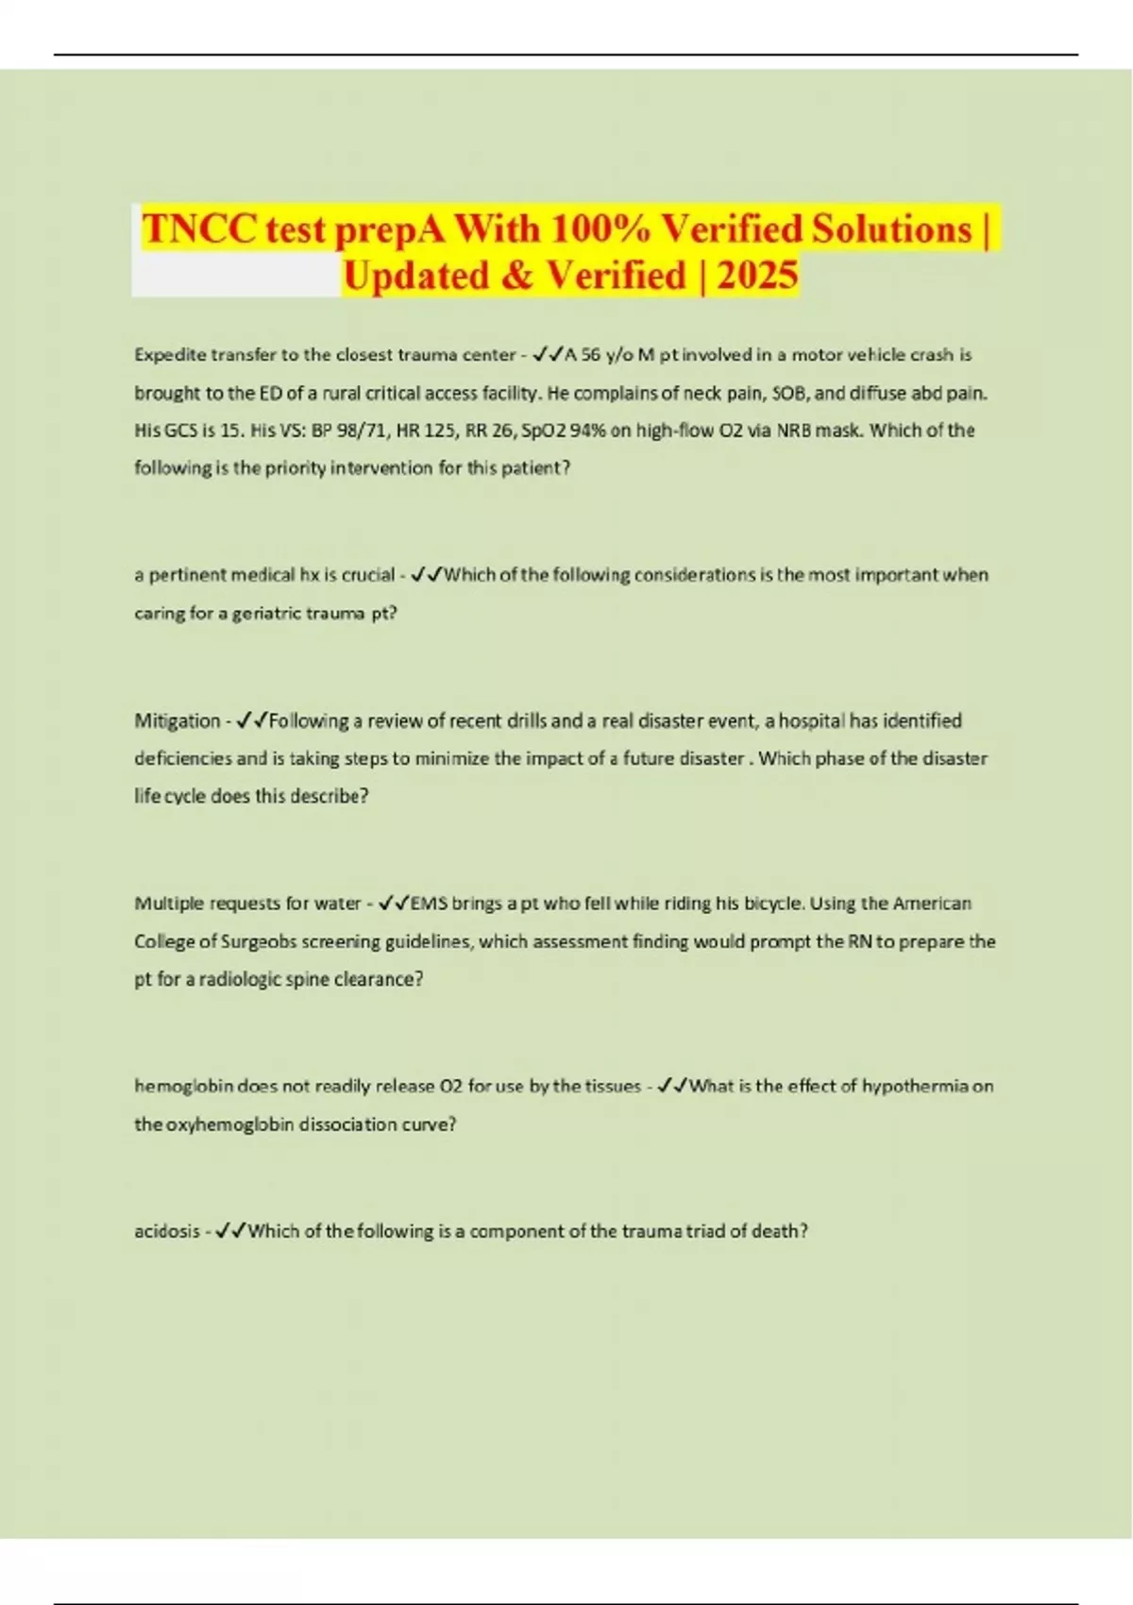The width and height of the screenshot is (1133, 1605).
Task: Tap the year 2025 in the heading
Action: click(x=757, y=276)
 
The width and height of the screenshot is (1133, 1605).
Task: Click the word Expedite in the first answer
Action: click(x=170, y=355)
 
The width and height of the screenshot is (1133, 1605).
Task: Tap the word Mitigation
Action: click(x=177, y=721)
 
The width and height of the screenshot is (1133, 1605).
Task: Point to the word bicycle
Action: click(x=771, y=904)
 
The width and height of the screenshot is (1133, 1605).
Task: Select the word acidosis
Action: click(x=166, y=1231)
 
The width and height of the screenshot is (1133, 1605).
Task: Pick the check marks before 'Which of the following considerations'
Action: click(x=427, y=575)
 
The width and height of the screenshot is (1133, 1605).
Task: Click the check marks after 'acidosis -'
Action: click(x=230, y=1231)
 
